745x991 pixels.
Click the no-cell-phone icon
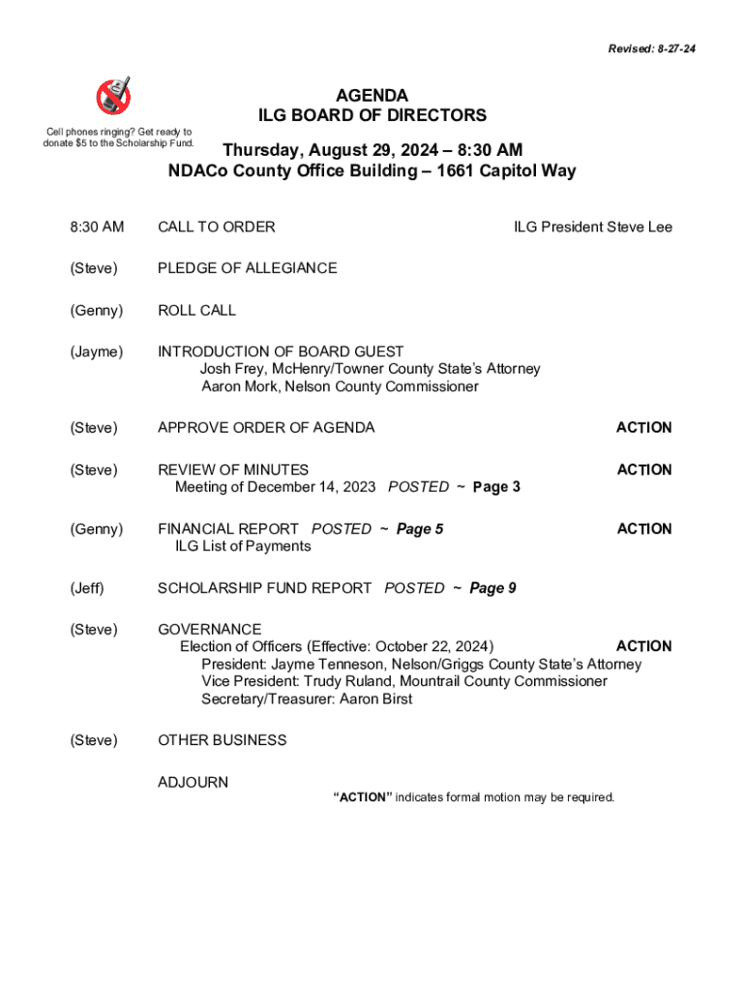114,95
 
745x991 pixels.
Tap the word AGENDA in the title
372,96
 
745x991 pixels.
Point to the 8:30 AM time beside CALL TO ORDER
97,227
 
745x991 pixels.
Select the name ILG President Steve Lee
592,227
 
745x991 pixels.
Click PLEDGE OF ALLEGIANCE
248,268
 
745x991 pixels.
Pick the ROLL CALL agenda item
196,311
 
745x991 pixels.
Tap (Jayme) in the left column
97,352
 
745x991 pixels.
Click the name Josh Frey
233,370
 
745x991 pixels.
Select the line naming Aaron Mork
340,387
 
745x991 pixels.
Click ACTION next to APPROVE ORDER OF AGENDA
643,428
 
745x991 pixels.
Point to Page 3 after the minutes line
496,488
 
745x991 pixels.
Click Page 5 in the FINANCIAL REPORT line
420,529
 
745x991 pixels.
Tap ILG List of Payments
243,547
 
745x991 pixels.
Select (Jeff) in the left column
86,588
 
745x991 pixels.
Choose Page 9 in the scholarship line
492,588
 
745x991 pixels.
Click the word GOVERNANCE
209,630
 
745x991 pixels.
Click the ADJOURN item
193,782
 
